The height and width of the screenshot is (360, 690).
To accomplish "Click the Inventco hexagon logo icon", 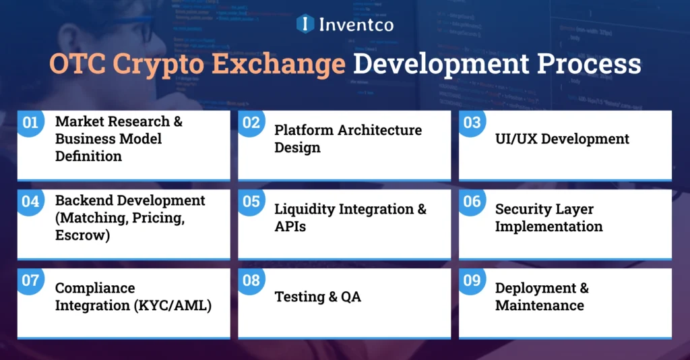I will pyautogui.click(x=306, y=24).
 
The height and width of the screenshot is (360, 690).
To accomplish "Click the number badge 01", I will pyautogui.click(x=30, y=123).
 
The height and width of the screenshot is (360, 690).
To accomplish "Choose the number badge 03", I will pyautogui.click(x=472, y=123).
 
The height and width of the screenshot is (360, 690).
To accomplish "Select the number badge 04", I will pyautogui.click(x=30, y=202).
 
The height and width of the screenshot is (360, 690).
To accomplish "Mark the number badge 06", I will pyautogui.click(x=472, y=202).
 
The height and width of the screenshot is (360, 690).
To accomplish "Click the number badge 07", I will pyautogui.click(x=30, y=280).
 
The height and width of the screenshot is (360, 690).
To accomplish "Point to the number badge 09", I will pyautogui.click(x=472, y=280).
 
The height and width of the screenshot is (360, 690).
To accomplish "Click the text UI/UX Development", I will pyautogui.click(x=562, y=139).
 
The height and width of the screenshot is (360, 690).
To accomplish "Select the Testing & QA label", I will pyautogui.click(x=317, y=297).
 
